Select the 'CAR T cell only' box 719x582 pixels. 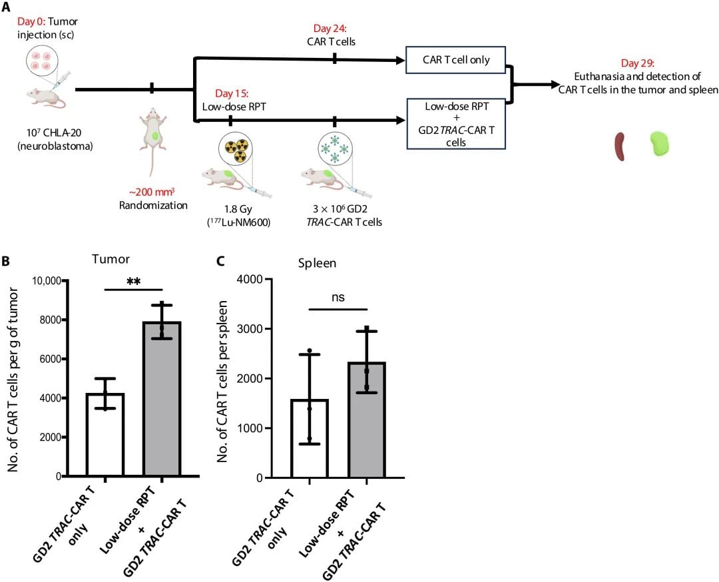point(456,60)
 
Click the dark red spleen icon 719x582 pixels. point(620,146)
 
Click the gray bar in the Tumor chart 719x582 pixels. point(162,400)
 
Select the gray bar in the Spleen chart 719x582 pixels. point(366,420)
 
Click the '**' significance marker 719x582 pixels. point(133,282)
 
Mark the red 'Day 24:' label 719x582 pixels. point(334,29)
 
